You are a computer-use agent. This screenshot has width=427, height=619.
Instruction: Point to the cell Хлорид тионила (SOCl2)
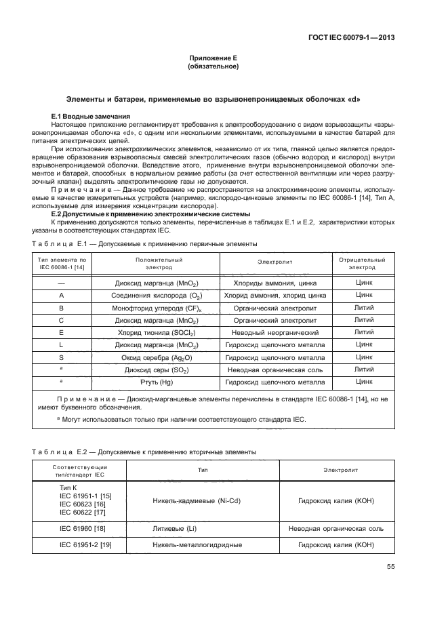158,332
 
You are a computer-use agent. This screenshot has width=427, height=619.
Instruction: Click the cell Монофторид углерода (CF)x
158,307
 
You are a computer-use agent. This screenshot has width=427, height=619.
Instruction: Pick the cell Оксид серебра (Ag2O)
158,357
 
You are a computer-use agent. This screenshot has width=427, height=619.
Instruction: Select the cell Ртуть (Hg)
158,382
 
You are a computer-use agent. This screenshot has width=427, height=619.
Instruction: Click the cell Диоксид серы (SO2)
158,370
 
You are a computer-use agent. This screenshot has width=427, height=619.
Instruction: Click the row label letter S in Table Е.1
62,357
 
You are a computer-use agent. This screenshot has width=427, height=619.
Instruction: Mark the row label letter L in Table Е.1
62,344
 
